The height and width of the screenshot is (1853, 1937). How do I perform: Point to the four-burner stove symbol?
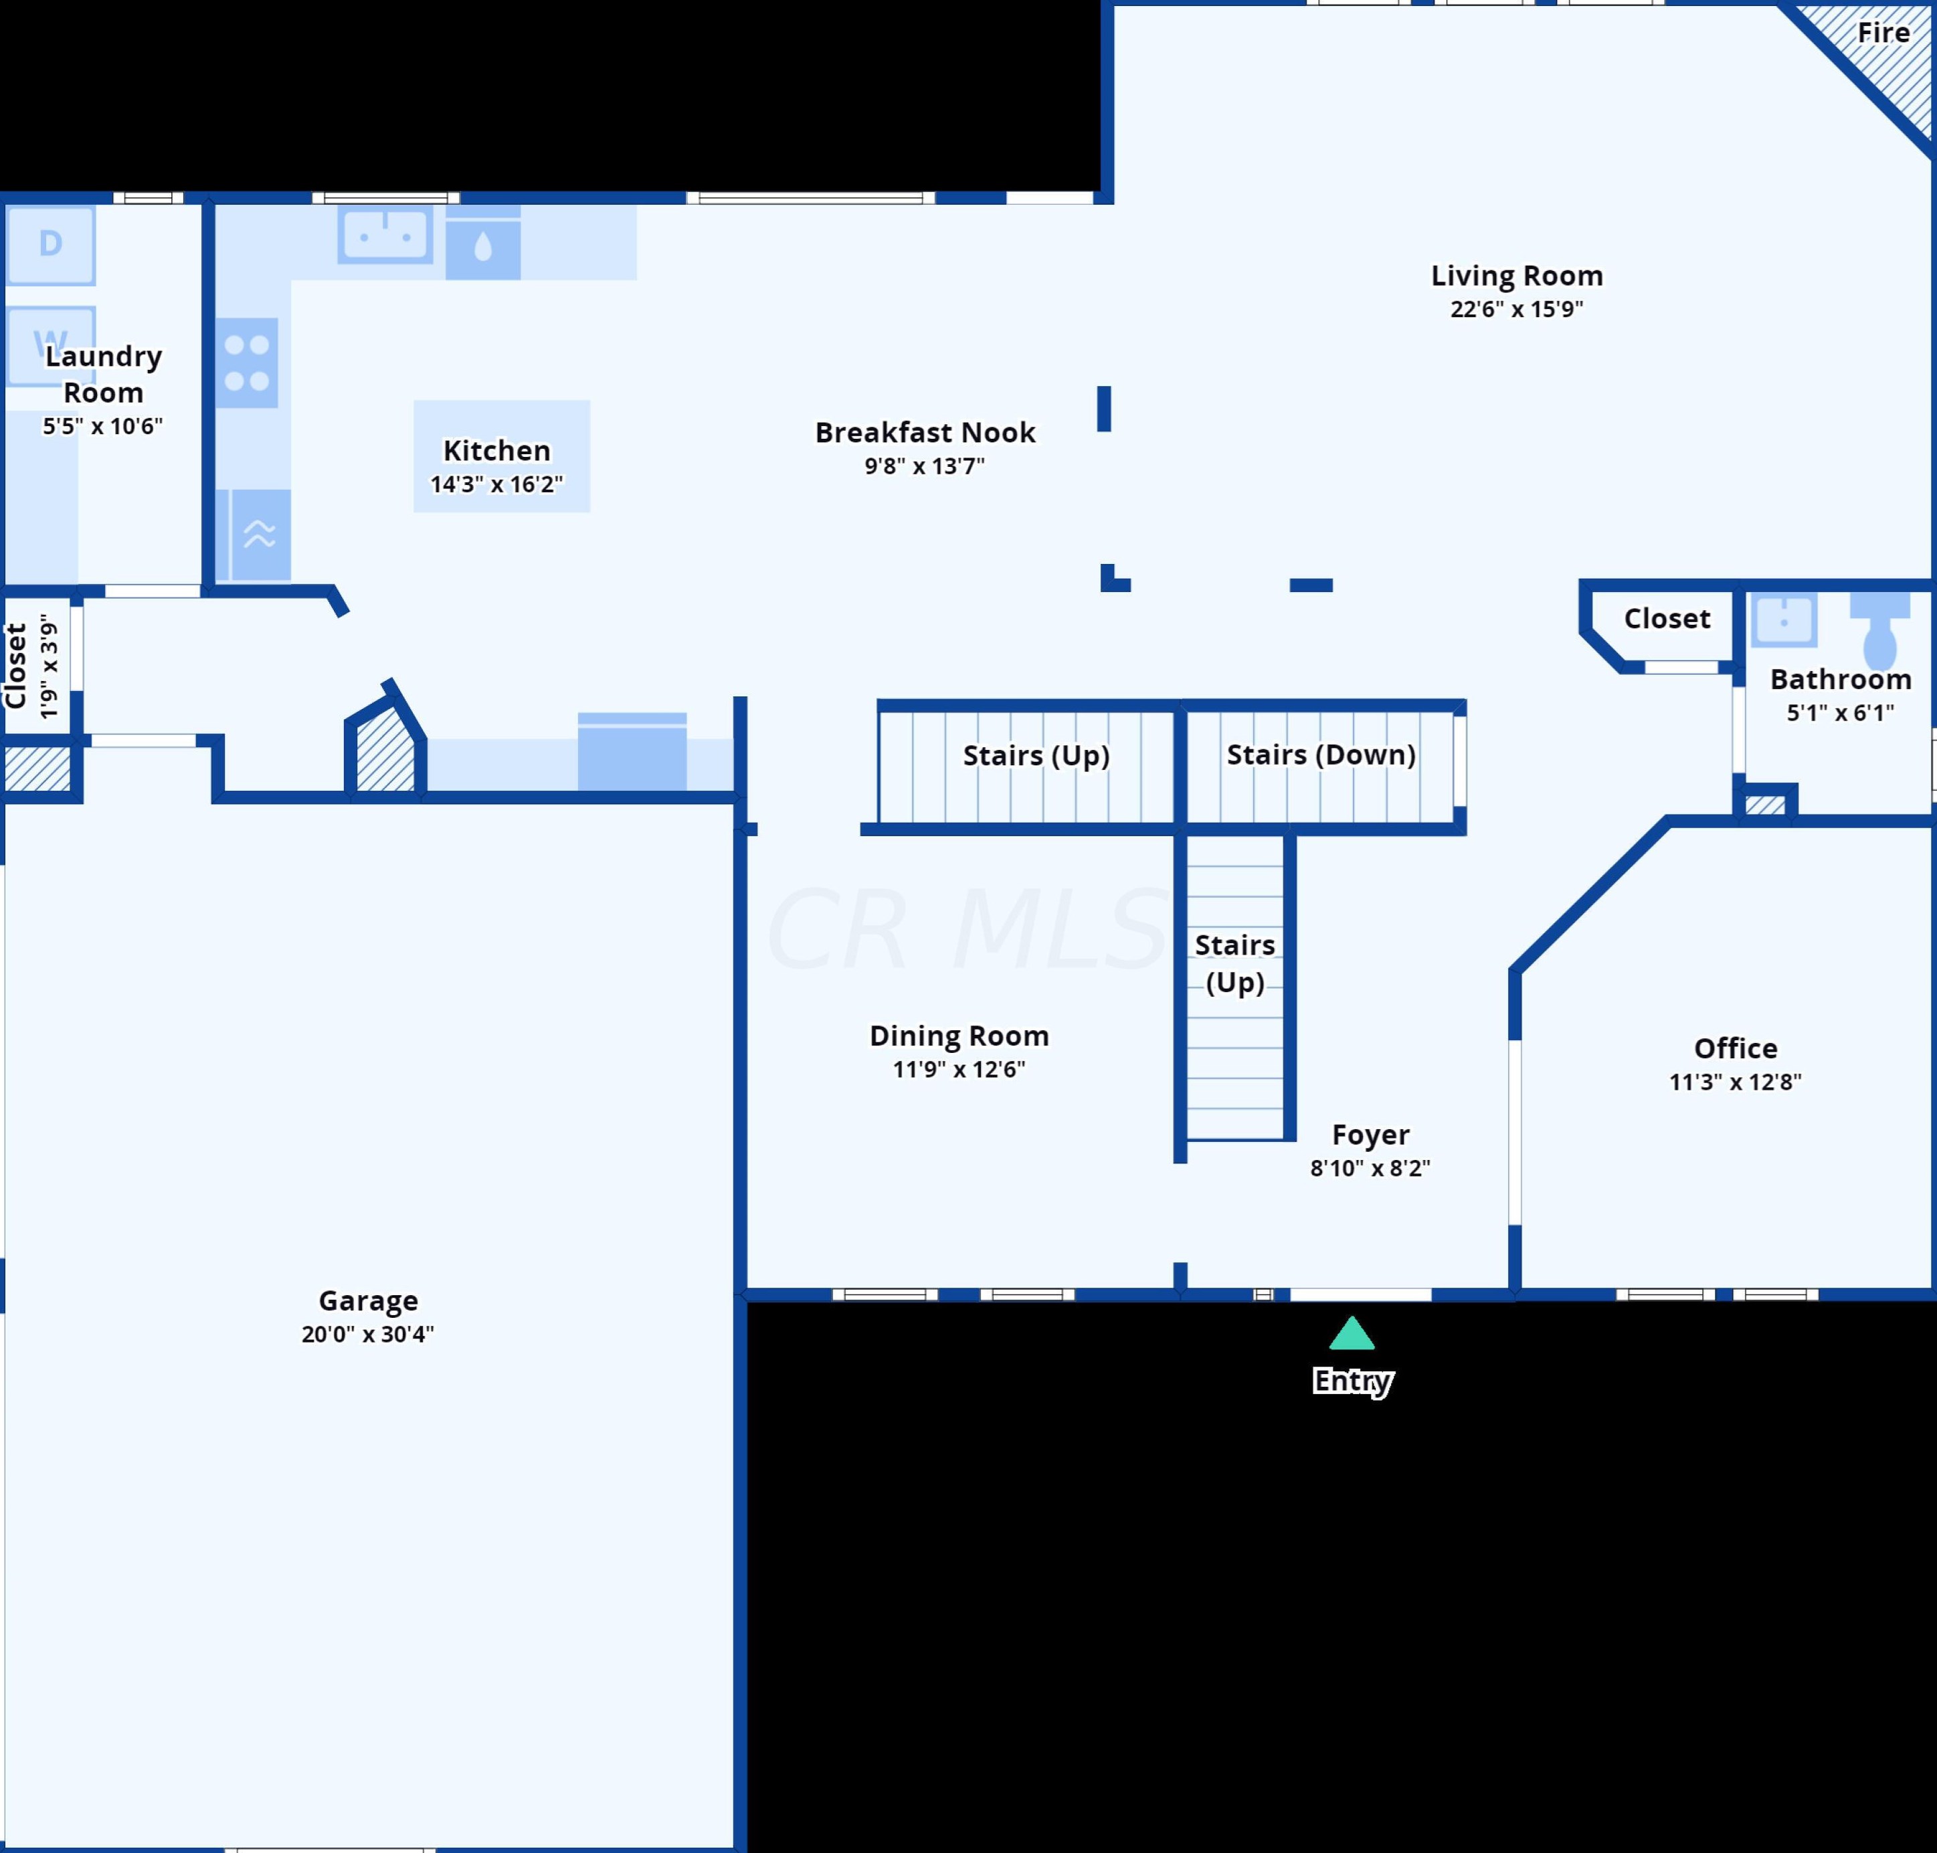247,363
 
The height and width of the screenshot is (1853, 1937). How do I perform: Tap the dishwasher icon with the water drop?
483,247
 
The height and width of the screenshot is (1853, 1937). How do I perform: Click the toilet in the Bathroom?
1879,632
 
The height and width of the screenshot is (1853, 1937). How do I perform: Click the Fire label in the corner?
1883,33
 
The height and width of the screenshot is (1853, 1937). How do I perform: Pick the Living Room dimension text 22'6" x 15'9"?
1516,309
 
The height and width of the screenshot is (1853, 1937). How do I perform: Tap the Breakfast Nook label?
925,433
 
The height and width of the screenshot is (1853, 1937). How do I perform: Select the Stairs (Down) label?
1321,755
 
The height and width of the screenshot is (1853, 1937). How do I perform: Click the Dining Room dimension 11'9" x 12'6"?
958,1070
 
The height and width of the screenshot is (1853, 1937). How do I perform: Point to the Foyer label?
1370,1135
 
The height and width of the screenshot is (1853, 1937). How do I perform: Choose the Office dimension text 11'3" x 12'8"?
1734,1082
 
